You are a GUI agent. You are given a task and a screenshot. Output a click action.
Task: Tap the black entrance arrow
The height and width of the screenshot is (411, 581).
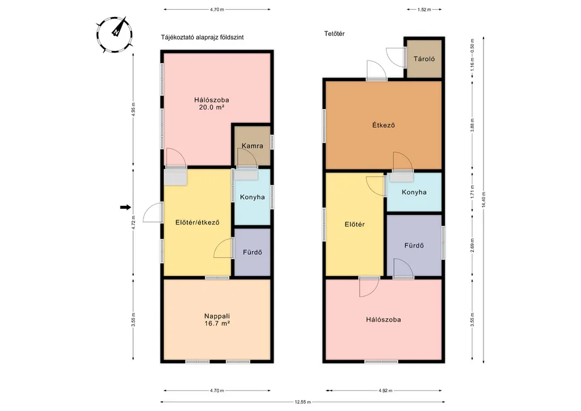click(125, 208)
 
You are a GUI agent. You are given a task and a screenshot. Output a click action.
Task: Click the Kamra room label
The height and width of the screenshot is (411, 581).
click(252, 146)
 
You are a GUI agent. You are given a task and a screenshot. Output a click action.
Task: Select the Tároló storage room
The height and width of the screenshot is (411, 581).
click(424, 59)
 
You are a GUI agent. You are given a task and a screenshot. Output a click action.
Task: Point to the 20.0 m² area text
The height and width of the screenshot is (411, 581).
click(212, 108)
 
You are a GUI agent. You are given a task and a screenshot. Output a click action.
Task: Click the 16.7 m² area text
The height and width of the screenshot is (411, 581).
click(216, 324)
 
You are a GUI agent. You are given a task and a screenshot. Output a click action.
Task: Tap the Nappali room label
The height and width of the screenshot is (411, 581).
click(216, 315)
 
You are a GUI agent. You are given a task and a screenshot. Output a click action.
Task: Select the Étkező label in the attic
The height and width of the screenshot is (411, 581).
click(383, 126)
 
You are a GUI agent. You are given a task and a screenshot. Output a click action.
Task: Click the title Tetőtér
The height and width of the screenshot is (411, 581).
click(335, 34)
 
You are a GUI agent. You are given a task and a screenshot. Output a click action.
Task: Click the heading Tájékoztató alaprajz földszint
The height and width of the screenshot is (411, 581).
click(202, 37)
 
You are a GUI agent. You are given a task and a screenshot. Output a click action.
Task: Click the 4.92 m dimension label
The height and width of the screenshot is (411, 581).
click(384, 391)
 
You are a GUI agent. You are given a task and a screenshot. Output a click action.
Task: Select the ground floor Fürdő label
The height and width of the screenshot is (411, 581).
click(252, 252)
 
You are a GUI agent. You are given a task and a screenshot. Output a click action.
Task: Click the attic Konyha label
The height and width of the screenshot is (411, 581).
click(414, 192)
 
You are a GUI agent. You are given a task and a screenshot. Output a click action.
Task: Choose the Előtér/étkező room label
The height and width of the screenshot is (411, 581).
click(197, 222)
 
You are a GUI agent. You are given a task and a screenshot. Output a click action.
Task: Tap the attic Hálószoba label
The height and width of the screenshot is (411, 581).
click(383, 320)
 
